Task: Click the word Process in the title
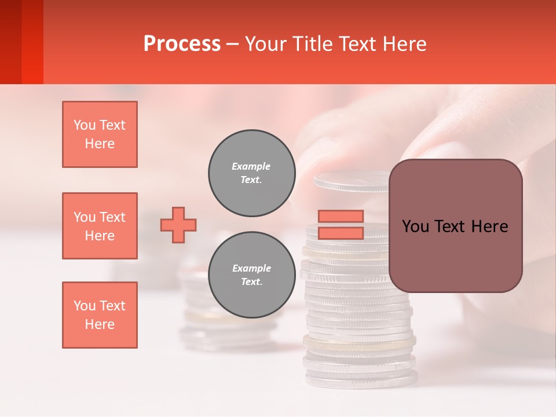pos(182,44)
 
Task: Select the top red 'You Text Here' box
pos(100,134)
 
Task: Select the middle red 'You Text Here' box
pos(100,226)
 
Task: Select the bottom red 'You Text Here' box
pos(100,315)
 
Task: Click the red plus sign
pos(178,225)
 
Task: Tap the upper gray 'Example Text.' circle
pos(251,173)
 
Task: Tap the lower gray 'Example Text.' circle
pos(251,275)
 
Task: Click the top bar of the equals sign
pos(341,216)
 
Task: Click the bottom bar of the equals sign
pos(341,233)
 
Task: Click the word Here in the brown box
pos(489,226)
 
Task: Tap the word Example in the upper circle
pos(251,166)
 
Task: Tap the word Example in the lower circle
pos(251,268)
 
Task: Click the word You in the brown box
pos(415,226)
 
